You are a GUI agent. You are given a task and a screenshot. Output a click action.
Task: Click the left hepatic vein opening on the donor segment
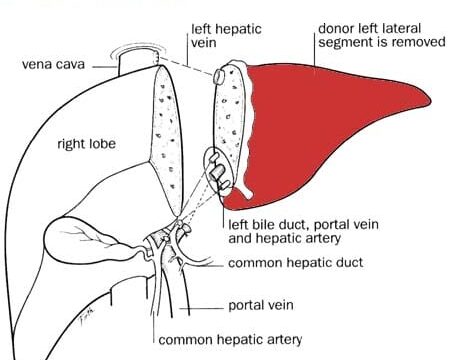218,77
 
